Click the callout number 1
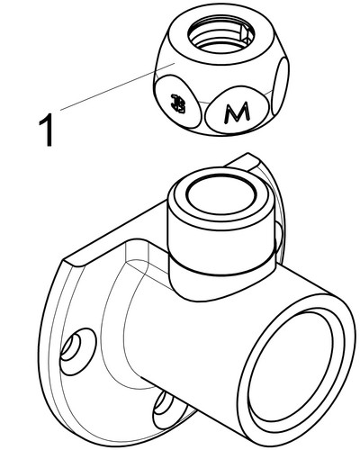point(42,129)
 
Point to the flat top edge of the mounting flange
point(99,252)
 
